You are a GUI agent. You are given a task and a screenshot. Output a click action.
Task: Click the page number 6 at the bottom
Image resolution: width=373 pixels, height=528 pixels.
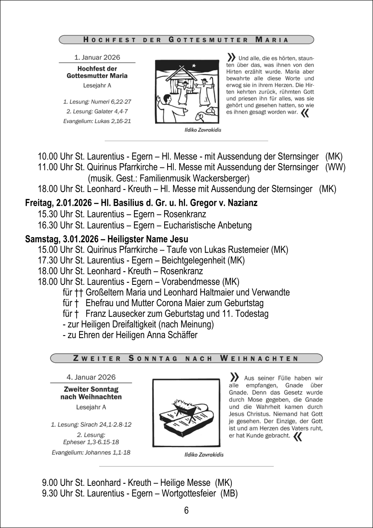coord(186,511)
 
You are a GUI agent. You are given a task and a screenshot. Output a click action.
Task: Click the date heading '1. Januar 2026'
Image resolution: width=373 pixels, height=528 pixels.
coord(97,57)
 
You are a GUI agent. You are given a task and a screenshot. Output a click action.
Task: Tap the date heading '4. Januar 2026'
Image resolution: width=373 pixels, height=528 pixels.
coord(91,377)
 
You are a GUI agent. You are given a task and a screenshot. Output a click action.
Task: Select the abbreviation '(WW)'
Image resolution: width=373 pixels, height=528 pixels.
coord(335,167)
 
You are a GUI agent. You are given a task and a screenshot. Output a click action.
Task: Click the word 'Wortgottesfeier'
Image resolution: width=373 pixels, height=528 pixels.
coord(190,494)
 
